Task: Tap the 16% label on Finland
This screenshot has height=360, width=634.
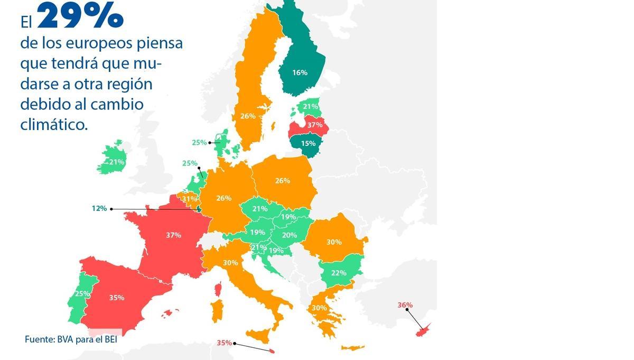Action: click(300, 72)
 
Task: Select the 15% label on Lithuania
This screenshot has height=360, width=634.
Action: click(308, 143)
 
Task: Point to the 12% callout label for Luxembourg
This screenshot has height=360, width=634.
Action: click(99, 209)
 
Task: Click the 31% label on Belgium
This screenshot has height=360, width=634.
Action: click(189, 199)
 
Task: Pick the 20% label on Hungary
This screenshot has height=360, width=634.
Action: click(289, 235)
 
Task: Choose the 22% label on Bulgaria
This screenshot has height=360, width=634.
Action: click(339, 273)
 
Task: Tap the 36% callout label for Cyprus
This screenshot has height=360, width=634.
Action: click(405, 305)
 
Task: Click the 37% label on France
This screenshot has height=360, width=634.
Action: click(173, 235)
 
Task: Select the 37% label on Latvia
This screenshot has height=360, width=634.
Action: click(315, 125)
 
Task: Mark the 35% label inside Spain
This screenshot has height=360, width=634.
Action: click(117, 298)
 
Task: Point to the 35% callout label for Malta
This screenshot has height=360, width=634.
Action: click(224, 343)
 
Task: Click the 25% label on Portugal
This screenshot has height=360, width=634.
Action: click(82, 293)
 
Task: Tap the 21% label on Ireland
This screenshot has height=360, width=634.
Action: click(117, 162)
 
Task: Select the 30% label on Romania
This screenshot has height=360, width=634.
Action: click(334, 242)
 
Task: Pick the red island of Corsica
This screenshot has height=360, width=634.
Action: click(217, 289)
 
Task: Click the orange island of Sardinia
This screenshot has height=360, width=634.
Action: click(217, 311)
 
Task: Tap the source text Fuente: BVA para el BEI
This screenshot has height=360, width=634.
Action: click(71, 339)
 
